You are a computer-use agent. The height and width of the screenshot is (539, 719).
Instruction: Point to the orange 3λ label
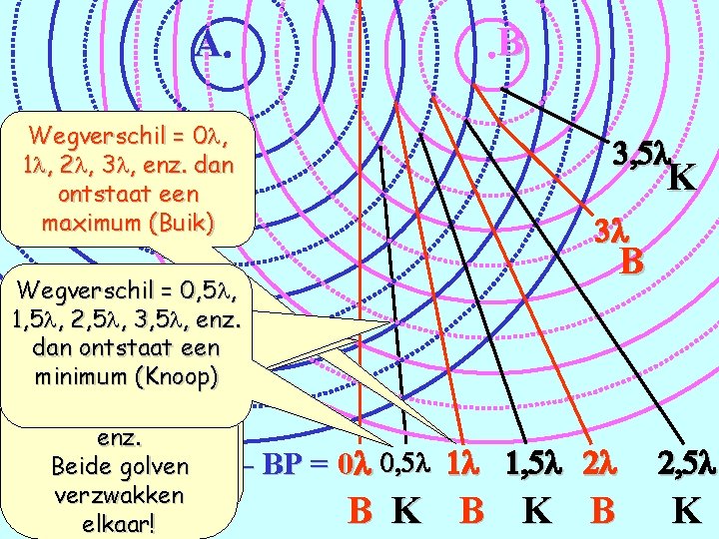pos(610,231)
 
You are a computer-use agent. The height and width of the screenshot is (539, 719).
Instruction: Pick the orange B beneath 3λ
pos(630,262)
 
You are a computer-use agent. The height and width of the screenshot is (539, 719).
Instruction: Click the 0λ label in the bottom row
pos(354,465)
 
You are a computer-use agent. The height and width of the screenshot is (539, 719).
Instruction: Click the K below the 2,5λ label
pos(686,510)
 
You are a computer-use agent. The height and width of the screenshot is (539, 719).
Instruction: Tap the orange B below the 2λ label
pos(602,510)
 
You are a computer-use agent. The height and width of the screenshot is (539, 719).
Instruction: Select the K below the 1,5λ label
pos(536,510)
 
